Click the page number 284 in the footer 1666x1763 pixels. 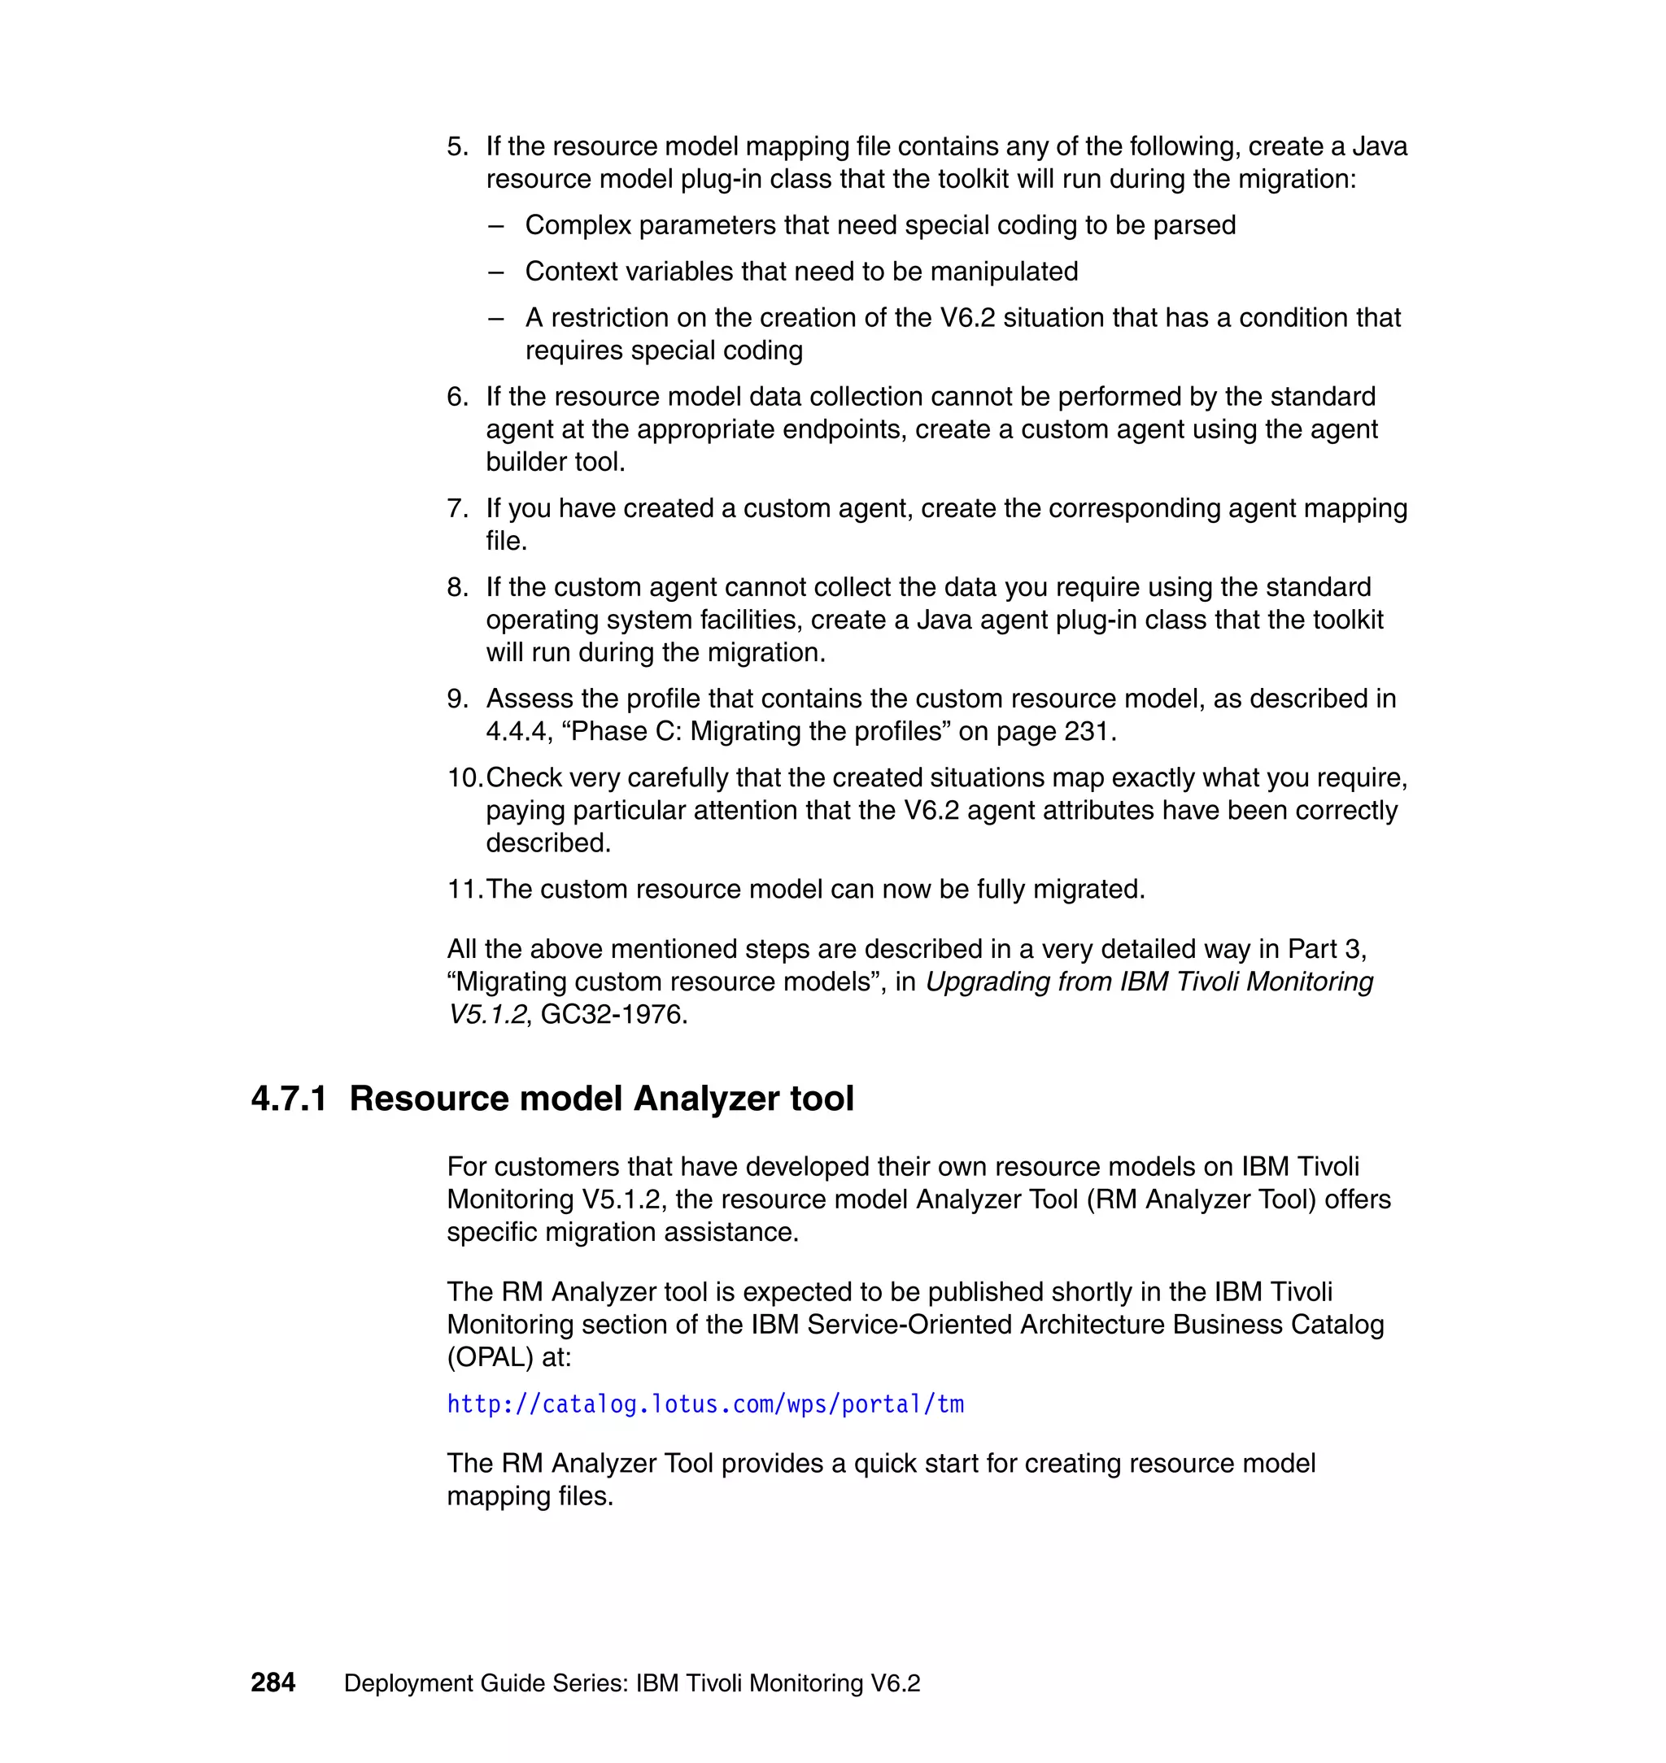pyautogui.click(x=273, y=1682)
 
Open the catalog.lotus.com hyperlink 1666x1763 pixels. pyautogui.click(x=705, y=1404)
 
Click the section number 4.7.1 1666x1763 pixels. pyautogui.click(x=289, y=1098)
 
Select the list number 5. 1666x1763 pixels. pyautogui.click(x=456, y=146)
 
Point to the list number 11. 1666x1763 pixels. pyautogui.click(x=464, y=889)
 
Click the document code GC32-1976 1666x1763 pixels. pyautogui.click(x=613, y=1014)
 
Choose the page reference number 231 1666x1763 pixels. pyautogui.click(x=1084, y=732)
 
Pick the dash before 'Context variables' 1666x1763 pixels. pyautogui.click(x=495, y=272)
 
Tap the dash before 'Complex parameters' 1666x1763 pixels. pyautogui.click(x=495, y=225)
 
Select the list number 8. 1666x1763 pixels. pyautogui.click(x=456, y=587)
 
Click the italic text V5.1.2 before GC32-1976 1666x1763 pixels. pyautogui.click(x=487, y=1014)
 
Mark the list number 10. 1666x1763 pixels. pyautogui.click(x=464, y=777)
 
